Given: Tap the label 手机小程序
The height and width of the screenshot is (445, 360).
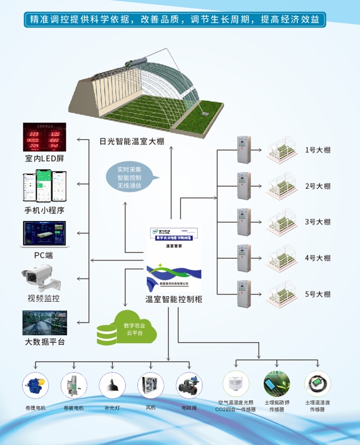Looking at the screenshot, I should click(44, 210).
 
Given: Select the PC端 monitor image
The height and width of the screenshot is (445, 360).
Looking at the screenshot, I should click(44, 235).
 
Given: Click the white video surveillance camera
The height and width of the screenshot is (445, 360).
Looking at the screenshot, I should click(42, 278).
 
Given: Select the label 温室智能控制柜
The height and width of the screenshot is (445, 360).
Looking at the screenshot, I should click(174, 299).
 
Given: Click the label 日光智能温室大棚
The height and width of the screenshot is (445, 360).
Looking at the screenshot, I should click(132, 142).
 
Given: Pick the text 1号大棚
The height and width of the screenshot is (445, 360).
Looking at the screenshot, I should click(318, 150).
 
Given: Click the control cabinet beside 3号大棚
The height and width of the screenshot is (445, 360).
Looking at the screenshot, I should click(242, 222).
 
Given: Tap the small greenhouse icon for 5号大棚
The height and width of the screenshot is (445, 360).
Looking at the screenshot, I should click(281, 293).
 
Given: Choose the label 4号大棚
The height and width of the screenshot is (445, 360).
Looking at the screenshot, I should click(318, 258).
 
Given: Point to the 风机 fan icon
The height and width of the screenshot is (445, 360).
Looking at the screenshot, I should click(150, 385).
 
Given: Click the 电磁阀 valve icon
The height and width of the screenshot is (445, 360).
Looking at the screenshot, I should click(189, 385).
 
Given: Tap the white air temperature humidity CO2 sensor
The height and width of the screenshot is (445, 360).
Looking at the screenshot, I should click(235, 383).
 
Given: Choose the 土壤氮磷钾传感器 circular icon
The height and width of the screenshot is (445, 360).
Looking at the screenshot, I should click(276, 383).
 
